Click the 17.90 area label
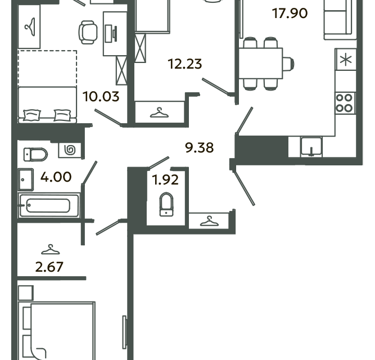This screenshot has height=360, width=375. coord(290,13)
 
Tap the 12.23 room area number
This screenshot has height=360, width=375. coord(185,64)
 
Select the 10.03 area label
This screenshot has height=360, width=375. coord(101,97)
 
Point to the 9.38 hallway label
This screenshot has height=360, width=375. coord(199,148)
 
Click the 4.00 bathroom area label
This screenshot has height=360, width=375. coord(56,177)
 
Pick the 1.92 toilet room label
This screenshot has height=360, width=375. coord(165,180)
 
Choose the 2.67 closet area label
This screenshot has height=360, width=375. coord(49,267)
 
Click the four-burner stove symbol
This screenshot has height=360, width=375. coord(345,103)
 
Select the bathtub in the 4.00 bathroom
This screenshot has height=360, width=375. coord(49,205)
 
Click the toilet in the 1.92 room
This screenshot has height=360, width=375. coord(166,205)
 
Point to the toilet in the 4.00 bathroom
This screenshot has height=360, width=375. coord(35,154)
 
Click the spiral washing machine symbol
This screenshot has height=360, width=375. coord(70,150)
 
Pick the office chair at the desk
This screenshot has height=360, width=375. coord(88,32)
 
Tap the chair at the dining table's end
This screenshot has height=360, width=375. coord(288,64)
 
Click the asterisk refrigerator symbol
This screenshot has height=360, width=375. coord(346,60)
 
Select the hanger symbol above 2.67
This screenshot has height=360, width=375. coord(51,250)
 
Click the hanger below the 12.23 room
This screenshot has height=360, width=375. coord(159,112)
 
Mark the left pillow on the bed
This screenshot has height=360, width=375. coord(32,115)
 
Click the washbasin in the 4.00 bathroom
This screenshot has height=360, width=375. coord(26,179)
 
